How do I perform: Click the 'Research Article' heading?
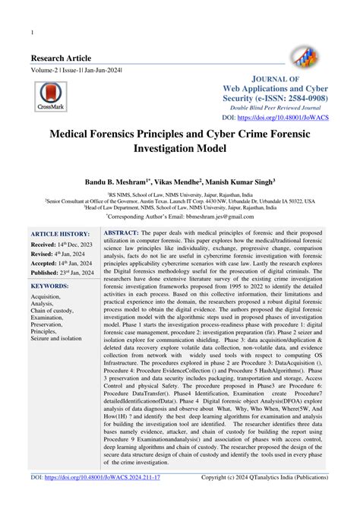(61, 58)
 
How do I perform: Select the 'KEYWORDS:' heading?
(55, 286)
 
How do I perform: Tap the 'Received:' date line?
(62, 245)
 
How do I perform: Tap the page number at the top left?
(30, 33)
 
